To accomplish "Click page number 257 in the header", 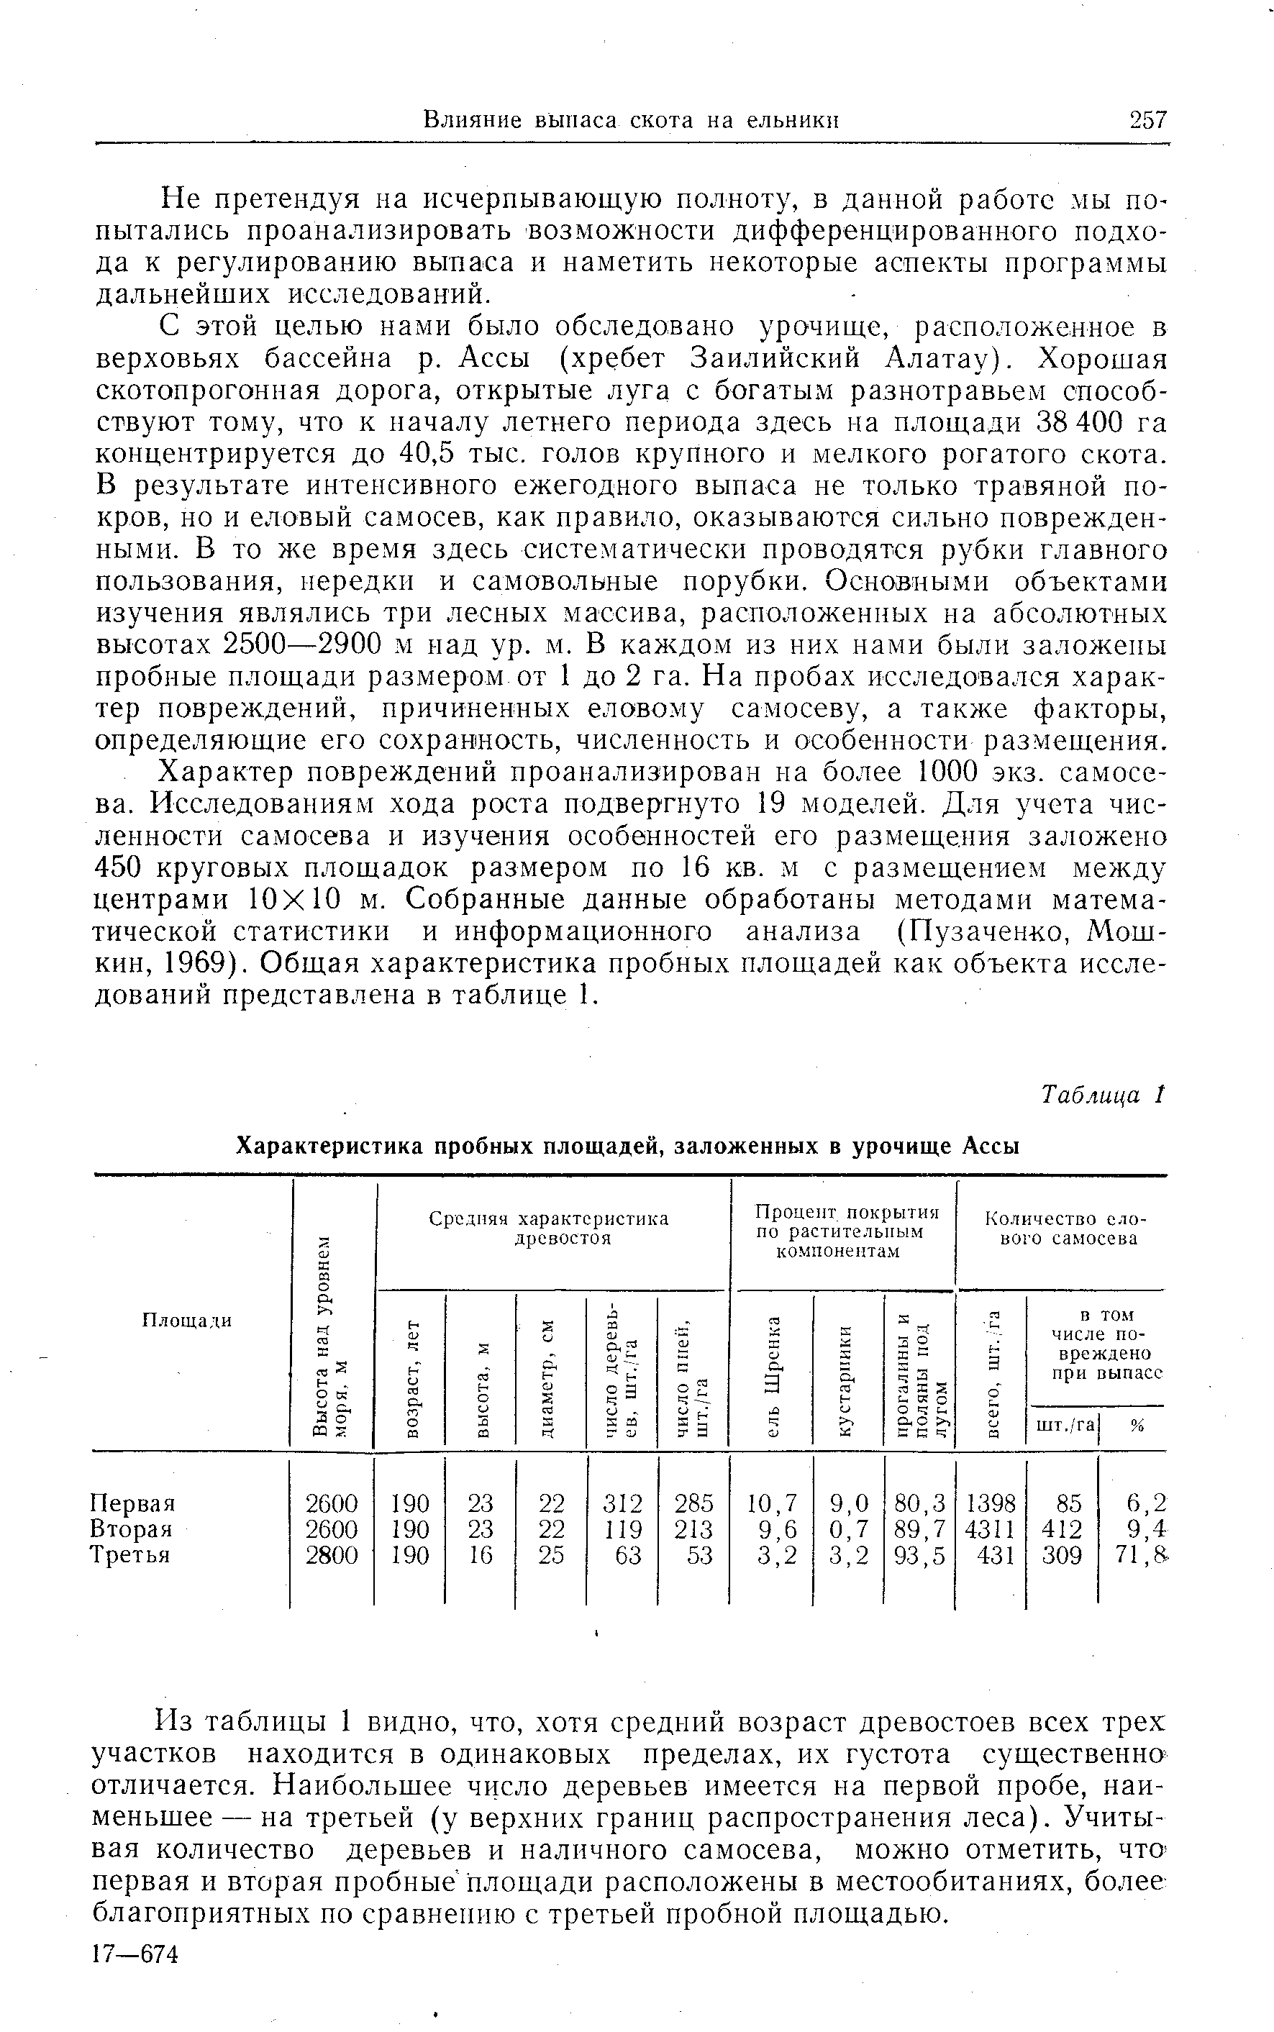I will coord(1148,120).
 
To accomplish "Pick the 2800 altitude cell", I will coord(331,1554).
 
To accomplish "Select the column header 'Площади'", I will coord(186,1320).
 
